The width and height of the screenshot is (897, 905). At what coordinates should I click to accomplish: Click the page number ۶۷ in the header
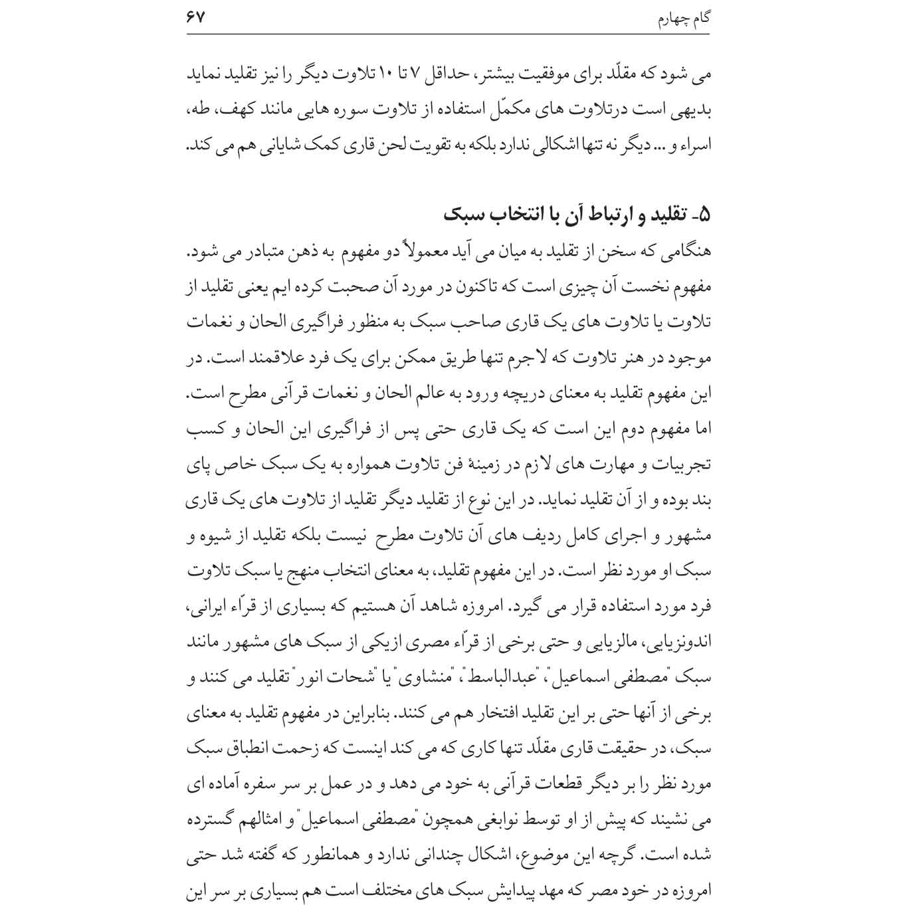(x=196, y=17)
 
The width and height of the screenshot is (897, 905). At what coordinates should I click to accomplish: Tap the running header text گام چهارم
(x=684, y=19)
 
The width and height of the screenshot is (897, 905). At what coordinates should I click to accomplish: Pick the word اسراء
(x=694, y=146)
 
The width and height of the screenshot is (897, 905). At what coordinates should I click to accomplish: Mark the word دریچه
(x=500, y=395)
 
